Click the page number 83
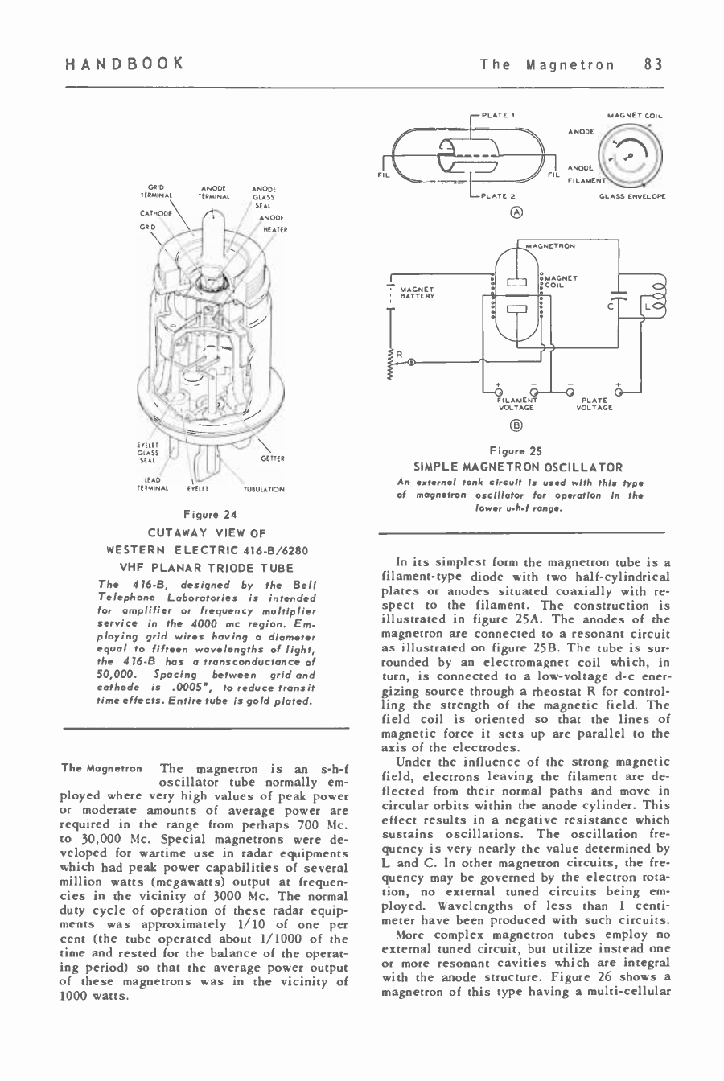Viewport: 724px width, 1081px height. (x=653, y=64)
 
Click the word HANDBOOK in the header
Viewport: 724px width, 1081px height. (x=125, y=64)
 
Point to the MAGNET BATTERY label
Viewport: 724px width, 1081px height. (x=418, y=293)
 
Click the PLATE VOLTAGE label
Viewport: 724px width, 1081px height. (x=594, y=404)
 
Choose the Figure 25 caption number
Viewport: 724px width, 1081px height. (x=517, y=451)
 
